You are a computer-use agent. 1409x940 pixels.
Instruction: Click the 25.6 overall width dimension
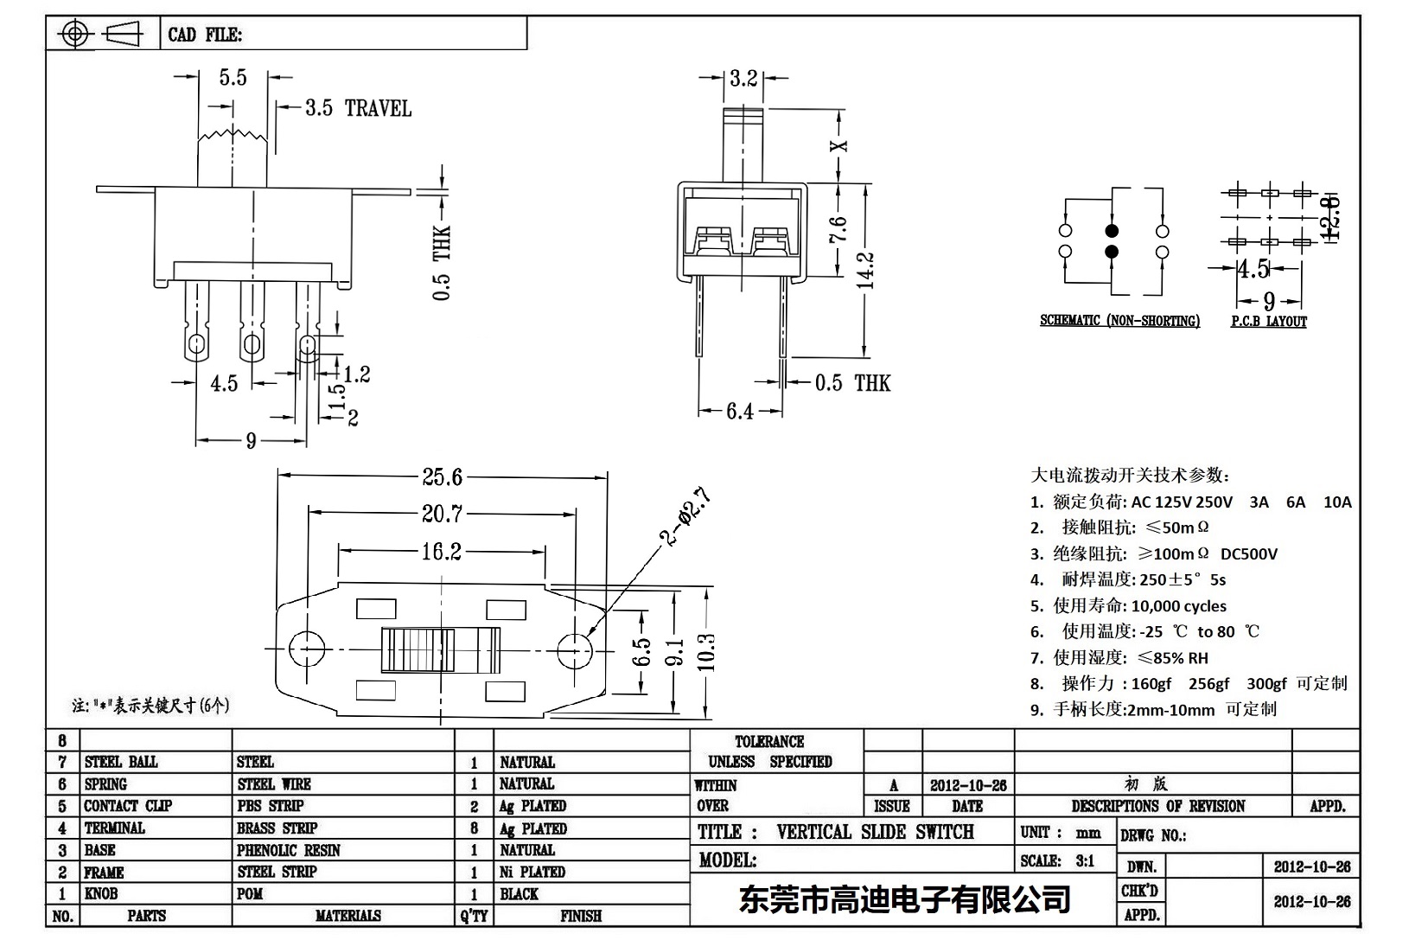click(442, 476)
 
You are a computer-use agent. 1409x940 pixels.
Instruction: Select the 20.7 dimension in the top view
click(442, 514)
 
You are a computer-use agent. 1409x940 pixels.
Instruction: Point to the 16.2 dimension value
click(441, 551)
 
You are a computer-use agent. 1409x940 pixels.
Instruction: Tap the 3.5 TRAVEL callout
click(357, 108)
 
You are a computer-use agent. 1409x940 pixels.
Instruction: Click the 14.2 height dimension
click(866, 270)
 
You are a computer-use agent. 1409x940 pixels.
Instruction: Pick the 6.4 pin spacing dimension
click(739, 412)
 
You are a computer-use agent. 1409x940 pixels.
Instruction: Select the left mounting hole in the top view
click(306, 649)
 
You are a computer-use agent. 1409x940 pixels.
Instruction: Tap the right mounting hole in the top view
click(574, 649)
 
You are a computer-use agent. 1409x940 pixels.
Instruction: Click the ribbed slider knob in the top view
click(418, 649)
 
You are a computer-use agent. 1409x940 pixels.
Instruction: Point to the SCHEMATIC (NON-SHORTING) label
click(1119, 321)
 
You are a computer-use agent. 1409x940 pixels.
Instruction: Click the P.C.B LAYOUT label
click(1268, 322)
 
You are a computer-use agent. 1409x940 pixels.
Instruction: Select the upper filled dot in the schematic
click(1112, 231)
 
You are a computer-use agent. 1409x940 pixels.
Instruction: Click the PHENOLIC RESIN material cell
click(289, 850)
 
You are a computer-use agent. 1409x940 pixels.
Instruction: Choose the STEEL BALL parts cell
click(121, 762)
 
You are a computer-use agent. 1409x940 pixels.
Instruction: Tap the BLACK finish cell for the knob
click(519, 894)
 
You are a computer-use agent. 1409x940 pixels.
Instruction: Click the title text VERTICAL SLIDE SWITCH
click(875, 832)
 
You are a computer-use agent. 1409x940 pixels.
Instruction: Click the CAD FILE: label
click(205, 35)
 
